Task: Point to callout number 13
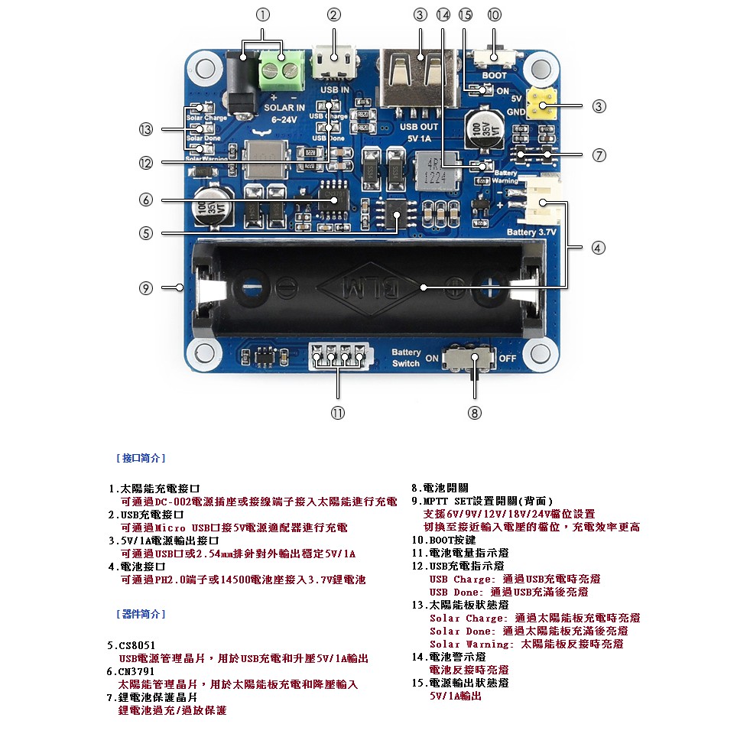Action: [146, 129]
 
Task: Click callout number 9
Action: [146, 288]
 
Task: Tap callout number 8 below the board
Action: [475, 412]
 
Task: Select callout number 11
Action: [338, 412]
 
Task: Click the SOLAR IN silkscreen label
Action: [284, 108]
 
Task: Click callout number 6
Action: [146, 200]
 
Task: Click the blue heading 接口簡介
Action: [141, 458]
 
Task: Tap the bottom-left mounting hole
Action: [204, 353]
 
